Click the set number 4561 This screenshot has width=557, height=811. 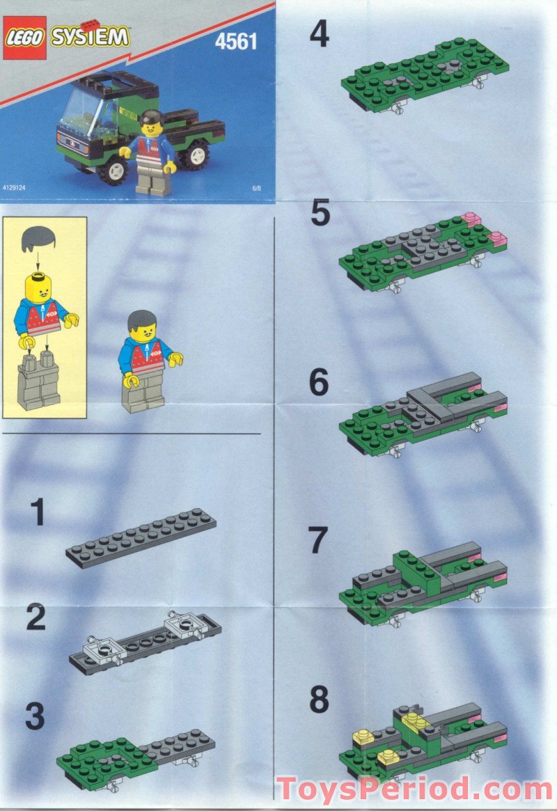point(237,42)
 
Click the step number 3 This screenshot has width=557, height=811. point(35,716)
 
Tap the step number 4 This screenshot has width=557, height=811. point(319,35)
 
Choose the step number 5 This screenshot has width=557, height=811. point(320,214)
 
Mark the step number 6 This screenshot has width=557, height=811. point(319,383)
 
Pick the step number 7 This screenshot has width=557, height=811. point(319,541)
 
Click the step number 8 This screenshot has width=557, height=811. point(319,700)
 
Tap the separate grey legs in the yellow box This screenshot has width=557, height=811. point(40,380)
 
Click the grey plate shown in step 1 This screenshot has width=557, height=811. point(141,538)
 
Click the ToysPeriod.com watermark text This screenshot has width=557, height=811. point(414,789)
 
